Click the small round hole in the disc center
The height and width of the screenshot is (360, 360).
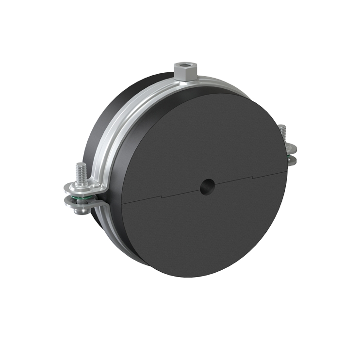[209, 185]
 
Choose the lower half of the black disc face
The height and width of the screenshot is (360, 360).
[204, 233]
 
